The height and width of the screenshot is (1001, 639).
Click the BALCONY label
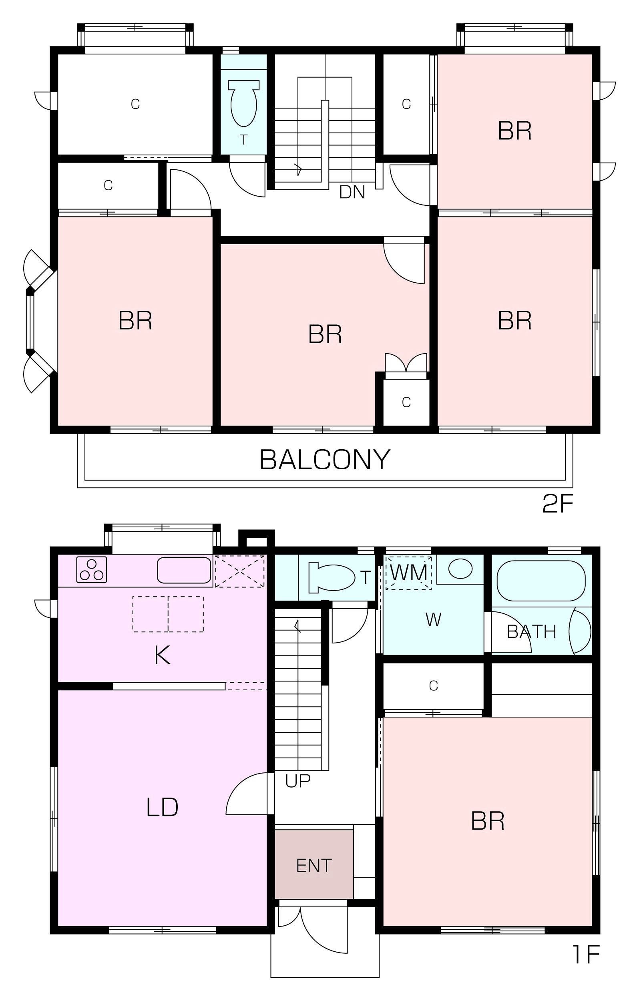coord(325,459)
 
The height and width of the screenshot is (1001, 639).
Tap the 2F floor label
coord(558,504)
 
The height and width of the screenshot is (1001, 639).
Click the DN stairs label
coord(352,192)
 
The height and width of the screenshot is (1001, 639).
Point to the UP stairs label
coord(297,781)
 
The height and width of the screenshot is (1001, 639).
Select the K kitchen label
coord(162,655)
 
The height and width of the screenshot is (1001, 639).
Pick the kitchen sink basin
coord(184,570)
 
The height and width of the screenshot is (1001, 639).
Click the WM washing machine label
coord(409,573)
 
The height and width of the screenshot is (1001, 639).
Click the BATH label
coord(531,632)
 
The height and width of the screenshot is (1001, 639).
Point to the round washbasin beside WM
coord(461,568)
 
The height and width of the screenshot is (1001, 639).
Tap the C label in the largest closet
coord(135,104)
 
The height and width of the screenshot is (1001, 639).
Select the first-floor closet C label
coord(433,685)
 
